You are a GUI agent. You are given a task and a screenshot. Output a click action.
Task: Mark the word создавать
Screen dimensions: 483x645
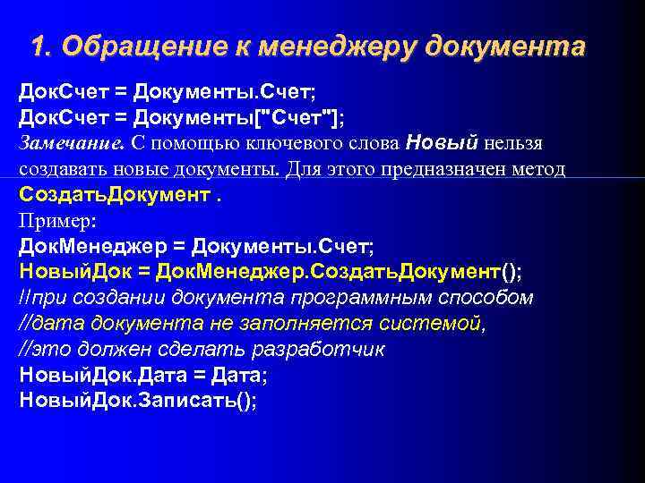click(64, 169)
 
